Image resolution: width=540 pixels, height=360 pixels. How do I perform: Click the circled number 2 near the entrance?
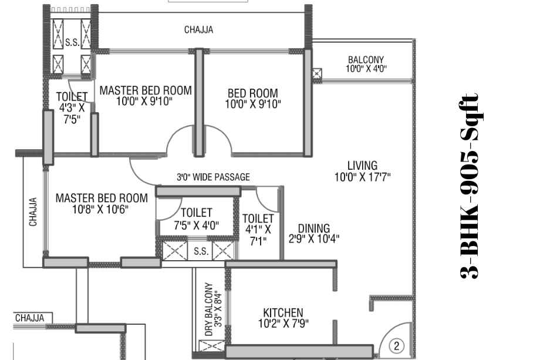pyautogui.click(x=396, y=345)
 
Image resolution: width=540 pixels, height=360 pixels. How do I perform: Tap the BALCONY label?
pyautogui.click(x=366, y=59)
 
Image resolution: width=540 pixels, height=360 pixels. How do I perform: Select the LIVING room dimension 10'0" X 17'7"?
pyautogui.click(x=362, y=177)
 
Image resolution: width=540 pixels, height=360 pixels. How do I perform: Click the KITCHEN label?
pyautogui.click(x=283, y=312)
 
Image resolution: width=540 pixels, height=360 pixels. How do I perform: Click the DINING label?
pyautogui.click(x=314, y=228)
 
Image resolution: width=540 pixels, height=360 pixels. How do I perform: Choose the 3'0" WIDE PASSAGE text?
pyautogui.click(x=213, y=177)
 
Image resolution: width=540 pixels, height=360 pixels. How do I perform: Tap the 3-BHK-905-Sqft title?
pyautogui.click(x=470, y=186)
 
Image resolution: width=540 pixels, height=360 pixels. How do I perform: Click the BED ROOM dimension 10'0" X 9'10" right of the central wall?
pyautogui.click(x=253, y=104)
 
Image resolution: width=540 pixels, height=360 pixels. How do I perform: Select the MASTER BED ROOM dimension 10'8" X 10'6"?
pyautogui.click(x=100, y=209)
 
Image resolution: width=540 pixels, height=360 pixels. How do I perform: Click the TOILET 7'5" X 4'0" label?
pyautogui.click(x=196, y=218)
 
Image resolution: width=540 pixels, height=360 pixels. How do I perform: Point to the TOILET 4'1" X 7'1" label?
pyautogui.click(x=258, y=230)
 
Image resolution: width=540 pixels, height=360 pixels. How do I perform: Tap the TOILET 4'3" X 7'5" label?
pyautogui.click(x=72, y=107)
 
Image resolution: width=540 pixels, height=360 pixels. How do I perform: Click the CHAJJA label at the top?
pyautogui.click(x=199, y=29)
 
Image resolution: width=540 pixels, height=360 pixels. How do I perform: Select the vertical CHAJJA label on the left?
pyautogui.click(x=33, y=211)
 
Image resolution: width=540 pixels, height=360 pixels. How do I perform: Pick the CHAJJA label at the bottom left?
pyautogui.click(x=30, y=318)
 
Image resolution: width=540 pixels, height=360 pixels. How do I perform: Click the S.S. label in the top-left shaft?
pyautogui.click(x=72, y=42)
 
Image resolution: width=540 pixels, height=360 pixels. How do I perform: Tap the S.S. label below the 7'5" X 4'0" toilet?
pyautogui.click(x=201, y=251)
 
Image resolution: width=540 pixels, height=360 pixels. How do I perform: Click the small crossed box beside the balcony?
pyautogui.click(x=316, y=73)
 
